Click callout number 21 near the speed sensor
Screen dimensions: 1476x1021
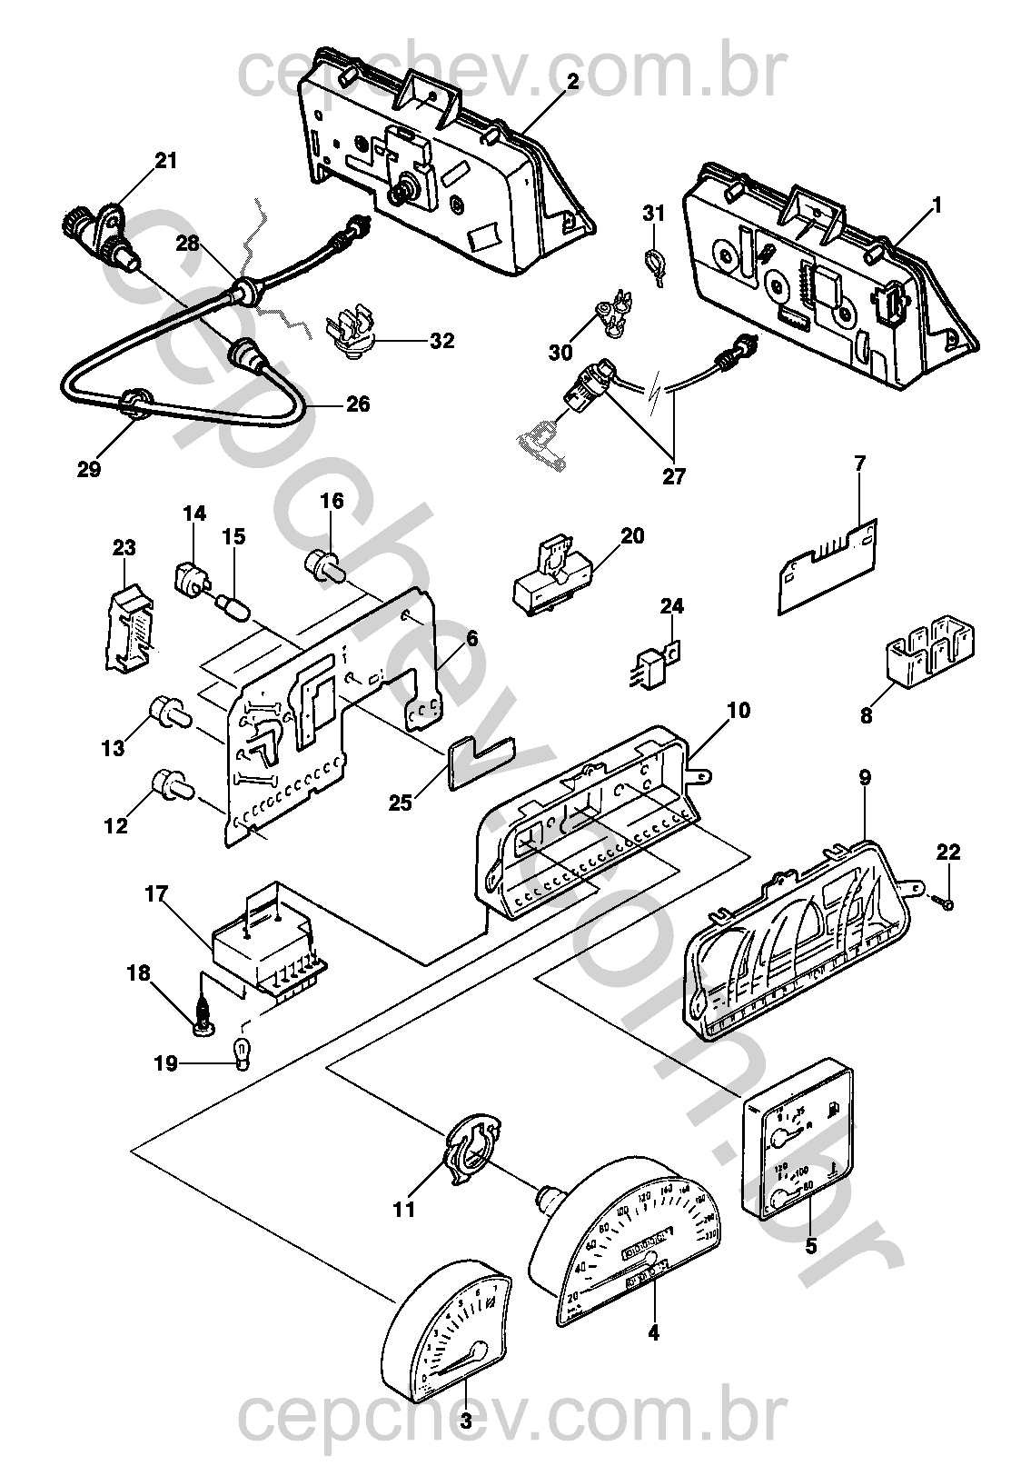[166, 161]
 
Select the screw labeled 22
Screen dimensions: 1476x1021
[943, 903]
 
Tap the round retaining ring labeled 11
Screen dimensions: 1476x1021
[471, 1155]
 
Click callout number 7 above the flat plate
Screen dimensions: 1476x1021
[859, 464]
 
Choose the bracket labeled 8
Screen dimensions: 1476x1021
[927, 651]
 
